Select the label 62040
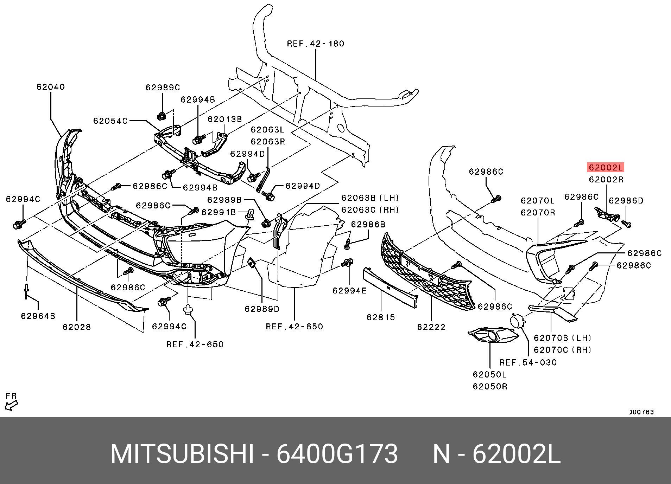click(51, 87)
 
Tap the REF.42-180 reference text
click(316, 44)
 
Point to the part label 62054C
click(110, 121)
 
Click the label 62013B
click(225, 119)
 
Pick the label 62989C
click(163, 88)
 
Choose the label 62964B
click(38, 316)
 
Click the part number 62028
click(77, 327)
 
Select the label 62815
click(381, 317)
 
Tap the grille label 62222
click(431, 327)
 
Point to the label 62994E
click(350, 291)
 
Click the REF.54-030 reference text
click(528, 362)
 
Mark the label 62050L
click(490, 374)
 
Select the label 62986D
click(626, 201)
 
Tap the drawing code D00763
click(641, 412)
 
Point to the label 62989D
click(262, 309)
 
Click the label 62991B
click(219, 212)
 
